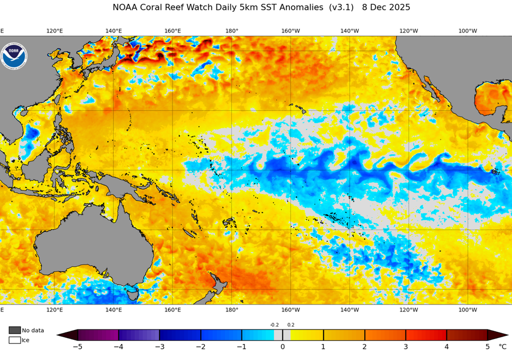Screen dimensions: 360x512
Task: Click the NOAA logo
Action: click(x=14, y=56)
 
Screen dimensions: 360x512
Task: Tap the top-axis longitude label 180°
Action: click(x=231, y=31)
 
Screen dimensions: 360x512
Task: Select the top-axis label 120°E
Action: click(x=54, y=31)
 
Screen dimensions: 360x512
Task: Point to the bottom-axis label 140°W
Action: click(x=349, y=310)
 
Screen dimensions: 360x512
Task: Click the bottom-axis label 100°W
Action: click(x=467, y=310)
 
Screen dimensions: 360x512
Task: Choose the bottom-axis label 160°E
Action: click(x=172, y=310)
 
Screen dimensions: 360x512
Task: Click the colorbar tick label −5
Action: click(x=77, y=346)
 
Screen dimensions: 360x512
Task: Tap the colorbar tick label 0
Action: click(x=282, y=346)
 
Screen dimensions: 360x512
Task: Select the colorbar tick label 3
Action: click(x=405, y=346)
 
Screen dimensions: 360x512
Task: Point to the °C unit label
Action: click(x=502, y=346)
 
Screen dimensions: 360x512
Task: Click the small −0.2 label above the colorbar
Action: click(x=274, y=325)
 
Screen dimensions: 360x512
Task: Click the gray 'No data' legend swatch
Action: click(x=14, y=330)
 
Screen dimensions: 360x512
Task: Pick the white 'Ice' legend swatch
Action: click(x=14, y=340)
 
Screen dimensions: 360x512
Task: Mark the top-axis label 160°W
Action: click(x=290, y=31)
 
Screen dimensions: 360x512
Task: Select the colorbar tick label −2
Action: click(x=200, y=346)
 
